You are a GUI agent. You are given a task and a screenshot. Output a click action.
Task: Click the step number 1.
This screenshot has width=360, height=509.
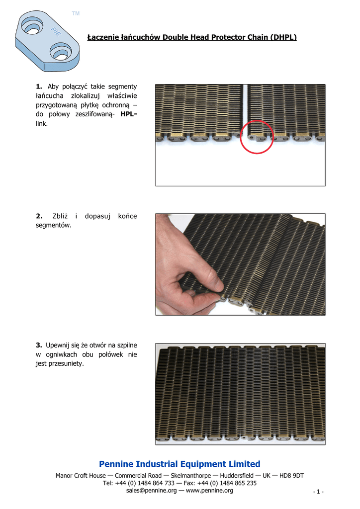tap(39, 86)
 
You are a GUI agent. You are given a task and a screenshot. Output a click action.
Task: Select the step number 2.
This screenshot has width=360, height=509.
tap(39, 216)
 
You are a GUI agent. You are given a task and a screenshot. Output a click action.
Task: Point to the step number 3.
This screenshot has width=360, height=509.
tap(39, 345)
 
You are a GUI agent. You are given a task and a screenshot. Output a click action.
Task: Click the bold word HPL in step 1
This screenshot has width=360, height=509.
tap(127, 114)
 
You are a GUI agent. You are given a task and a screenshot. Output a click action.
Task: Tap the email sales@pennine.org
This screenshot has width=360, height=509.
tap(151, 491)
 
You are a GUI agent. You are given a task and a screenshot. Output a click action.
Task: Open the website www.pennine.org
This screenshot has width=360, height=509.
tap(209, 491)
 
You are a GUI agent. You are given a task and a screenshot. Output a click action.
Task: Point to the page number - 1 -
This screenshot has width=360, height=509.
tap(318, 492)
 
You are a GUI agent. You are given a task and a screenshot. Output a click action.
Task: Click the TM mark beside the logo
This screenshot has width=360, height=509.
tap(76, 13)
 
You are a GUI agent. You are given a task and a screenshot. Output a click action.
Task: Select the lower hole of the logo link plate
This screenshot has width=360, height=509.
tap(61, 53)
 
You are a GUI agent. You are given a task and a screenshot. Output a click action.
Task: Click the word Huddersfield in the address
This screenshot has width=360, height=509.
tap(237, 476)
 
